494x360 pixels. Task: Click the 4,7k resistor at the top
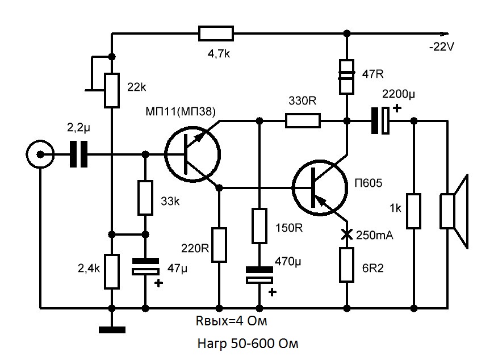(216, 34)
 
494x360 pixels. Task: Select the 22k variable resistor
(112, 90)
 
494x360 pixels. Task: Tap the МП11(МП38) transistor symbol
(192, 154)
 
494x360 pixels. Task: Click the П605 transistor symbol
(320, 187)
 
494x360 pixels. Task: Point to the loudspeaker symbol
(455, 211)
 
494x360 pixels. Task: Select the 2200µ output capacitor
(380, 120)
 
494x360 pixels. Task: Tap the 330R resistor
(303, 120)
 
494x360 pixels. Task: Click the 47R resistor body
(346, 77)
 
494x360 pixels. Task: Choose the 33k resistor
(145, 198)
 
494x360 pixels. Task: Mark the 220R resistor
(219, 245)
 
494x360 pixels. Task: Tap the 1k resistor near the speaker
(414, 211)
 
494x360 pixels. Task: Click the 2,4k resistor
(112, 271)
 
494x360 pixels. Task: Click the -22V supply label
(442, 48)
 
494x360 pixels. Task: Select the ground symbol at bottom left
(112, 329)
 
